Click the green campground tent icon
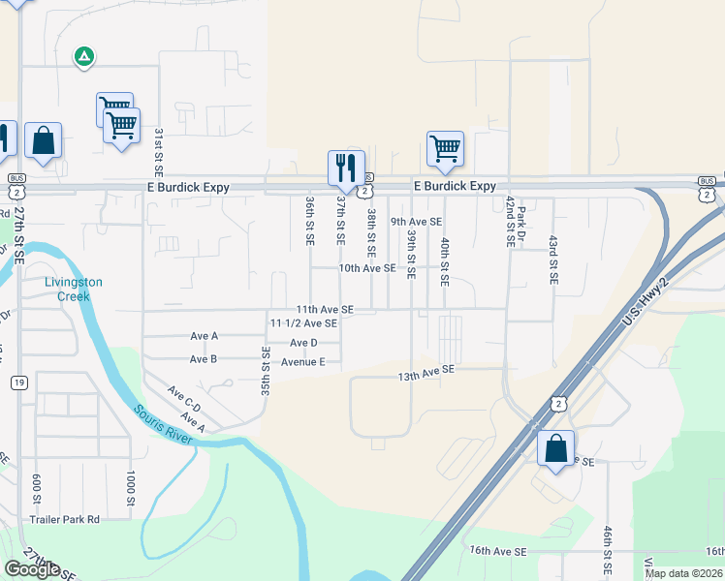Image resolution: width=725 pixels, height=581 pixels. point(84,57)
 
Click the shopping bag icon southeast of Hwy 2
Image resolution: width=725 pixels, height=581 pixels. point(556,448)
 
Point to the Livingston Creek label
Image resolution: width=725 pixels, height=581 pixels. point(74,290)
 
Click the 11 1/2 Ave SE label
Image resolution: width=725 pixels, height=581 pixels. point(303,323)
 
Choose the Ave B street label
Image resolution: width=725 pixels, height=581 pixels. point(204,359)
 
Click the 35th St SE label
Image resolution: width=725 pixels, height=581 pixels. point(265,364)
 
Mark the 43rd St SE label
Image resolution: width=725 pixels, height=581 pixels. point(553,259)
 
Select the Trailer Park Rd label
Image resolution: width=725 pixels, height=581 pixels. point(64,519)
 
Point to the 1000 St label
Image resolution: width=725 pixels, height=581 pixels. point(129,489)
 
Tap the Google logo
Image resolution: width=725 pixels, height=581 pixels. point(32,568)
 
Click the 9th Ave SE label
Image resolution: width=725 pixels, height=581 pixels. point(416,222)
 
